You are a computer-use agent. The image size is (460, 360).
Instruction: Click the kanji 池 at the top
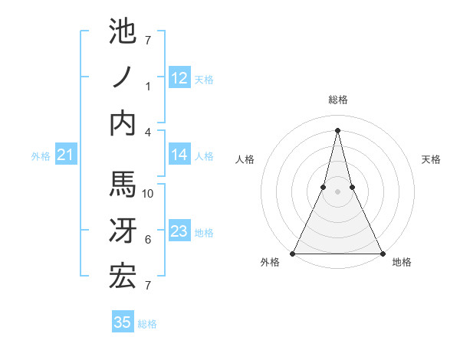[x=123, y=33]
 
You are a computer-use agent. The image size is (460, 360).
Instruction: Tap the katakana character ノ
[x=123, y=77]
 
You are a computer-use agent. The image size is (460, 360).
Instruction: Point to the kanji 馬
[x=123, y=185]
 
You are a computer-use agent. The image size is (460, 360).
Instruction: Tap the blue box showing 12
[x=179, y=77]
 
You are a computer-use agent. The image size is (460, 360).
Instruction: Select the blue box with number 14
[x=179, y=155]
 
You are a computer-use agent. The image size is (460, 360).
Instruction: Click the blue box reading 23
[x=179, y=231]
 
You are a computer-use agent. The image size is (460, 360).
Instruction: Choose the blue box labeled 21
[x=66, y=155]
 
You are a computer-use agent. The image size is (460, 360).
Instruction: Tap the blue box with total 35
[x=123, y=322]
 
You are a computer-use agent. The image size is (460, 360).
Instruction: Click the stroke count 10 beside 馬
[x=149, y=194]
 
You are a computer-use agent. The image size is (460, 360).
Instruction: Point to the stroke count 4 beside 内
[x=149, y=132]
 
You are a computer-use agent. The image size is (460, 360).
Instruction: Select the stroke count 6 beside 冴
[x=149, y=240]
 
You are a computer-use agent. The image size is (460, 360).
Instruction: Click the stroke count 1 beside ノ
[x=149, y=87]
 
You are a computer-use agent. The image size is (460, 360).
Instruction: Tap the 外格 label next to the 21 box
[x=41, y=156]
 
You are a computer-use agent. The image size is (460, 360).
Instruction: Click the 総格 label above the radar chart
[x=337, y=100]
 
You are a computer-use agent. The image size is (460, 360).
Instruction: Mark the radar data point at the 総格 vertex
[x=337, y=129]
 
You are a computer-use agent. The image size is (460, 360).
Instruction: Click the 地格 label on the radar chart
[x=402, y=262]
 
